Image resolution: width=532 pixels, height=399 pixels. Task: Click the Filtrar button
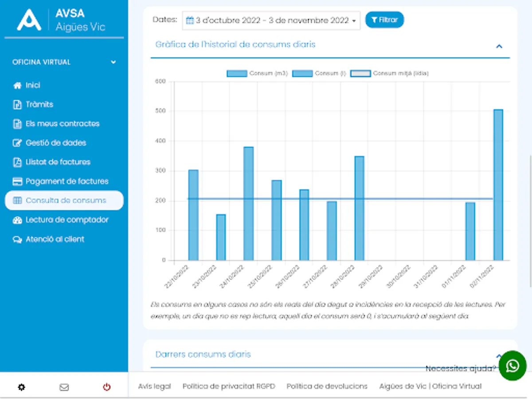[384, 20]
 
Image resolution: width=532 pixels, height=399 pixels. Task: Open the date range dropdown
[271, 20]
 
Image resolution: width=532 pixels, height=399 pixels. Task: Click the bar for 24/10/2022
[248, 203]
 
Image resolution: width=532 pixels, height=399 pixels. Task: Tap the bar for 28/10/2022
[359, 208]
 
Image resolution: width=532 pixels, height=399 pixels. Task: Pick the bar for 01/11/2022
[470, 231]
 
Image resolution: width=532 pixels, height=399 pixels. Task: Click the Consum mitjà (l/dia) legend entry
[390, 74]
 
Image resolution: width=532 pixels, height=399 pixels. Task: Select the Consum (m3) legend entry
[257, 74]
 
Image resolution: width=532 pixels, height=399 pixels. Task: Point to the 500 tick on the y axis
[160, 111]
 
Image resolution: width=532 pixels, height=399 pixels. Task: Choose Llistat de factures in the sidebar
[58, 162]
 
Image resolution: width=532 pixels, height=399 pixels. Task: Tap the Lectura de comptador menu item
[66, 220]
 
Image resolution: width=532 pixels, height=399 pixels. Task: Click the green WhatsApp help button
[512, 366]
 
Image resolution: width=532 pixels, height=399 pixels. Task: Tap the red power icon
[106, 387]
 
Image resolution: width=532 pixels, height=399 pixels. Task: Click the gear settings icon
[21, 387]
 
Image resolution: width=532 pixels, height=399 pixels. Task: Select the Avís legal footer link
[154, 386]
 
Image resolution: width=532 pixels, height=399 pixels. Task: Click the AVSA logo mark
[29, 20]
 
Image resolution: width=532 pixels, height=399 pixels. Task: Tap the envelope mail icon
[64, 387]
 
